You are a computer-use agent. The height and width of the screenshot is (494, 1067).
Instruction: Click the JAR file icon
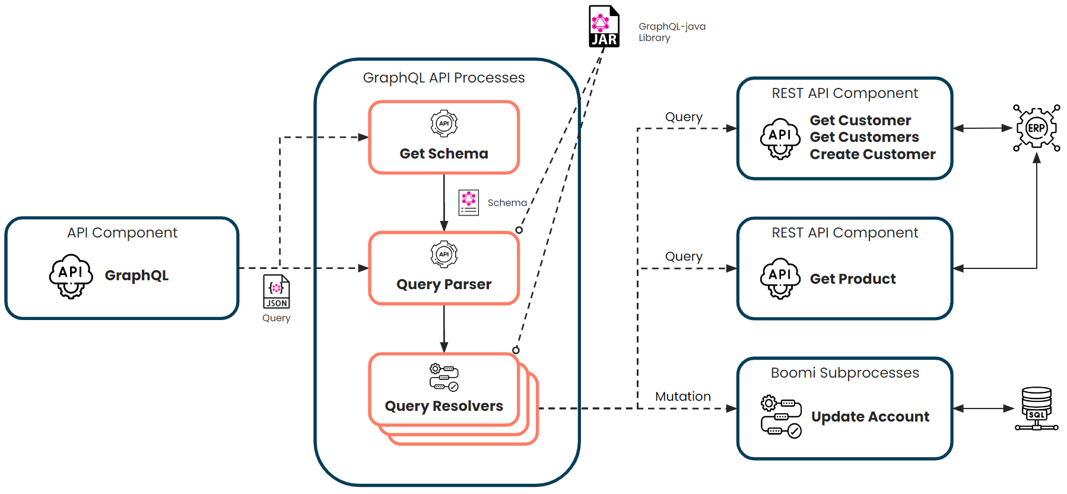604,26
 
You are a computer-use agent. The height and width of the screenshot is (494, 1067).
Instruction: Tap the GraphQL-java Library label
671,32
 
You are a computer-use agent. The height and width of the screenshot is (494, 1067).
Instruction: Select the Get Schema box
444,138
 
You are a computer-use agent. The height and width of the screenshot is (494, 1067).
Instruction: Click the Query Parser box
444,268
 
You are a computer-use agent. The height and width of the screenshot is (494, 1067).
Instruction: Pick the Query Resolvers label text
444,406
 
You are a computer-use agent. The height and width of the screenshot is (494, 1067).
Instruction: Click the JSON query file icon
277,292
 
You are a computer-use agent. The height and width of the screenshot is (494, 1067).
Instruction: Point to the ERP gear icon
1036,128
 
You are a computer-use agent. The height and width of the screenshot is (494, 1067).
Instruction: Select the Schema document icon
469,202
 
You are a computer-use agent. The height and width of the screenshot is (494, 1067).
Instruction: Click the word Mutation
682,397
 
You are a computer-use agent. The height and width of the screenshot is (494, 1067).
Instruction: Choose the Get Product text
853,279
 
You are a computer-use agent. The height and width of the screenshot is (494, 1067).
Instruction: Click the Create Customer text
872,154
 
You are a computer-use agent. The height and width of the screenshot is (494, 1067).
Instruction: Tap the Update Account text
870,417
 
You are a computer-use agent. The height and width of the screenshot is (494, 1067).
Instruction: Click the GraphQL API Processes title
444,78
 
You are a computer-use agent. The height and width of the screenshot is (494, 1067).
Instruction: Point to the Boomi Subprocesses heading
844,373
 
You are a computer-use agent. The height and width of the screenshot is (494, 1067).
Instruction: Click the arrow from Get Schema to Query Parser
444,202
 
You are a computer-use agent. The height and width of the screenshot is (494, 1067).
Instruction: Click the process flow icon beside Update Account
781,416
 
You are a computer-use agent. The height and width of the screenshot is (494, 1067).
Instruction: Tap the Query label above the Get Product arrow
684,256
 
